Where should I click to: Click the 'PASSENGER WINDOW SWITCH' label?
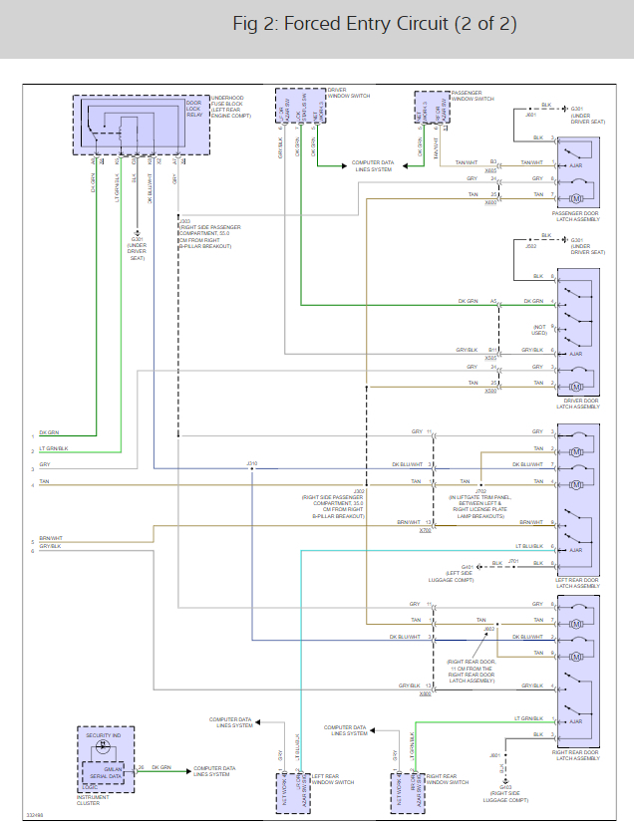tap(473, 96)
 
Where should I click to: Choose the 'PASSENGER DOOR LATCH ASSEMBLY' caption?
tap(575, 216)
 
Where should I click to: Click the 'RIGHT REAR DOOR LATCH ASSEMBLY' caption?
tap(577, 756)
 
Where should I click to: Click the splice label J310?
tap(252, 463)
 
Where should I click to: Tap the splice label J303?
tap(184, 221)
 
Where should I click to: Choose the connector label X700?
tap(426, 530)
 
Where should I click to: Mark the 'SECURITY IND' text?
tap(102, 735)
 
